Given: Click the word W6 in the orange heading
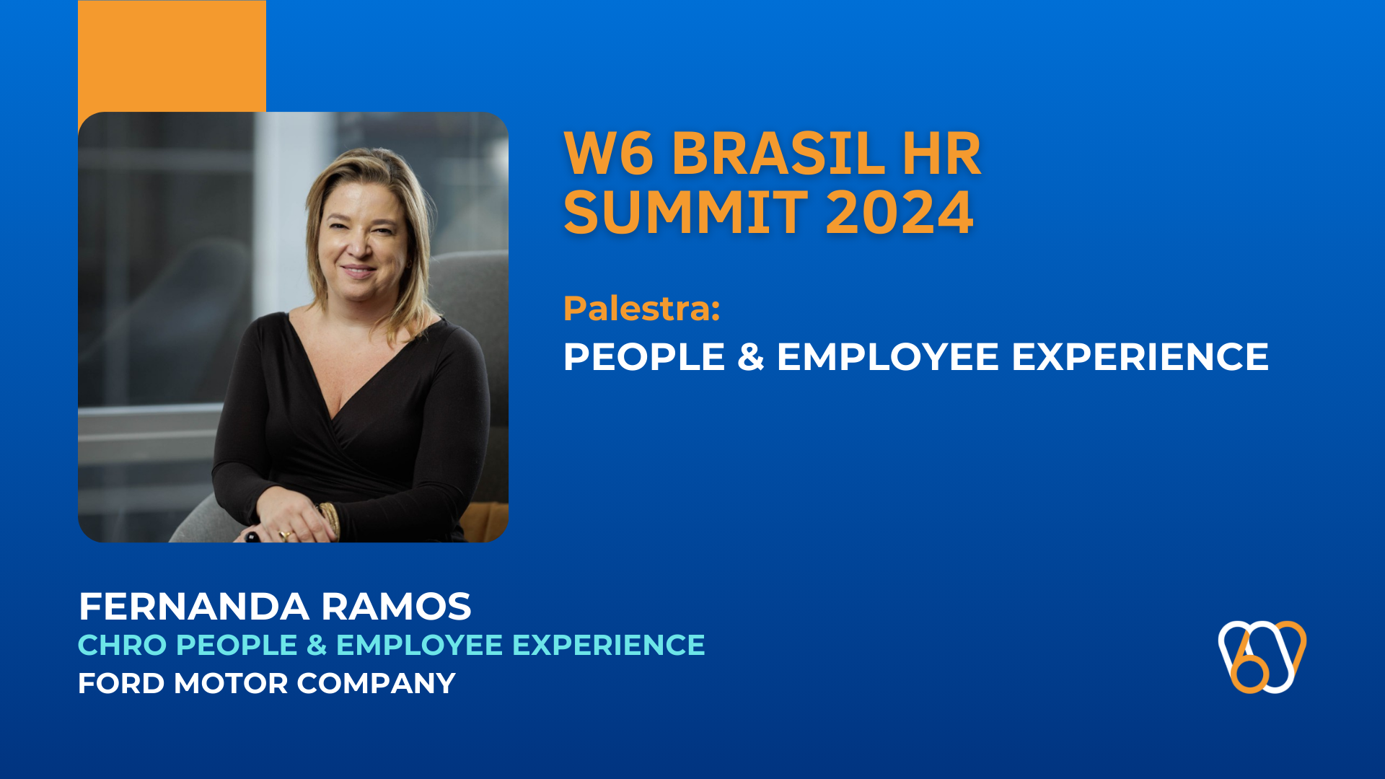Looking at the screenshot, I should click(x=608, y=154).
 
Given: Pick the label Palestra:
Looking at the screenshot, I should click(x=641, y=308).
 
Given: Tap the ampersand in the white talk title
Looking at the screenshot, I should click(x=750, y=357).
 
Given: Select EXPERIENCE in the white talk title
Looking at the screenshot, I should click(x=1140, y=357).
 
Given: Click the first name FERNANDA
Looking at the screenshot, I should click(x=193, y=607).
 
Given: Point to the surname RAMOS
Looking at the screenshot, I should click(x=396, y=607).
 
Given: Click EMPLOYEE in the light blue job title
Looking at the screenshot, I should click(x=419, y=645).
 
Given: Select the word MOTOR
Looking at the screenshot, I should click(x=230, y=683).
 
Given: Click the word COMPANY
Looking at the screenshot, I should click(x=376, y=683).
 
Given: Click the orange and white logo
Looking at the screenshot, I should click(x=1262, y=656).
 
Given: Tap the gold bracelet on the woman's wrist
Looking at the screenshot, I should click(x=330, y=518).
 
